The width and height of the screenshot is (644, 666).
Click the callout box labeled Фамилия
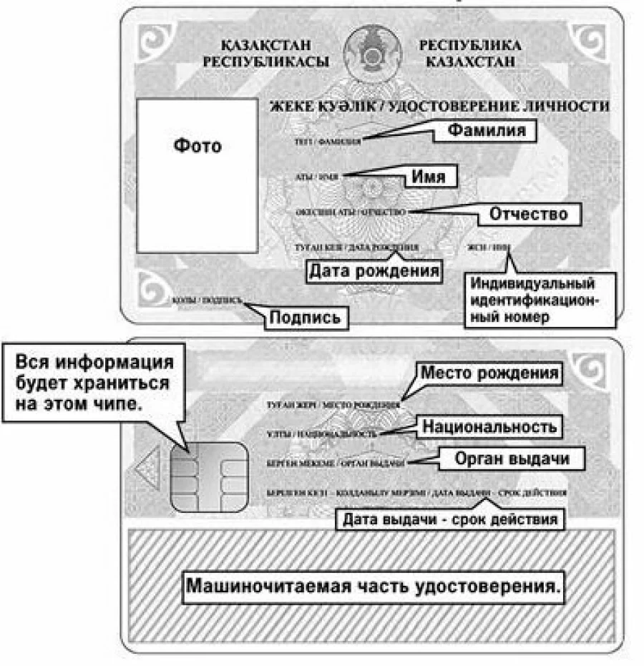[x=487, y=131]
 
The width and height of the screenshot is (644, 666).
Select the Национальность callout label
[x=489, y=427]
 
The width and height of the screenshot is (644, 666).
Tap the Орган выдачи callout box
[x=513, y=459]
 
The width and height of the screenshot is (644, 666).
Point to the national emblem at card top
[x=371, y=54]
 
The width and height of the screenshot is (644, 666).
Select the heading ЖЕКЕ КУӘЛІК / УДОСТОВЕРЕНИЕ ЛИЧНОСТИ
[x=438, y=107]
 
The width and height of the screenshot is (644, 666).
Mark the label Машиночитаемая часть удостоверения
[x=372, y=587]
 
